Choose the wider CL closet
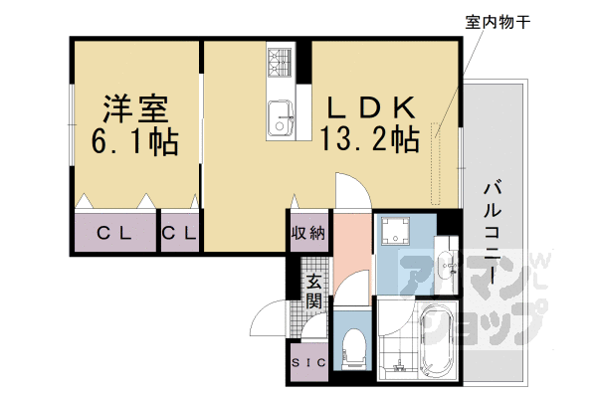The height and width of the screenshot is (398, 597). point(115,235)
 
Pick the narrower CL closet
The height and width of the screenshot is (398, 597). point(179,235)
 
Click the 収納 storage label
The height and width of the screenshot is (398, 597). point(307,235)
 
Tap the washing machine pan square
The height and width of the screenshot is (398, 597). point(402,234)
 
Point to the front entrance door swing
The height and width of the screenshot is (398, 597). point(271,320)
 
